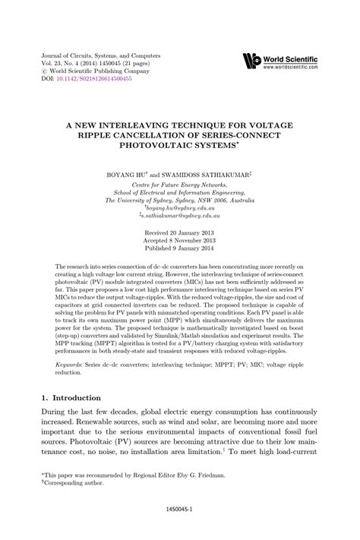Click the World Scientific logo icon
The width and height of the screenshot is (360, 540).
click(x=252, y=61)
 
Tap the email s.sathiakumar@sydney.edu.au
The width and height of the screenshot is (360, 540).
click(x=181, y=216)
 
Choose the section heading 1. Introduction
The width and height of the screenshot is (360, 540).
click(x=70, y=398)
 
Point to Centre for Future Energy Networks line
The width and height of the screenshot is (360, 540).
click(x=180, y=184)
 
